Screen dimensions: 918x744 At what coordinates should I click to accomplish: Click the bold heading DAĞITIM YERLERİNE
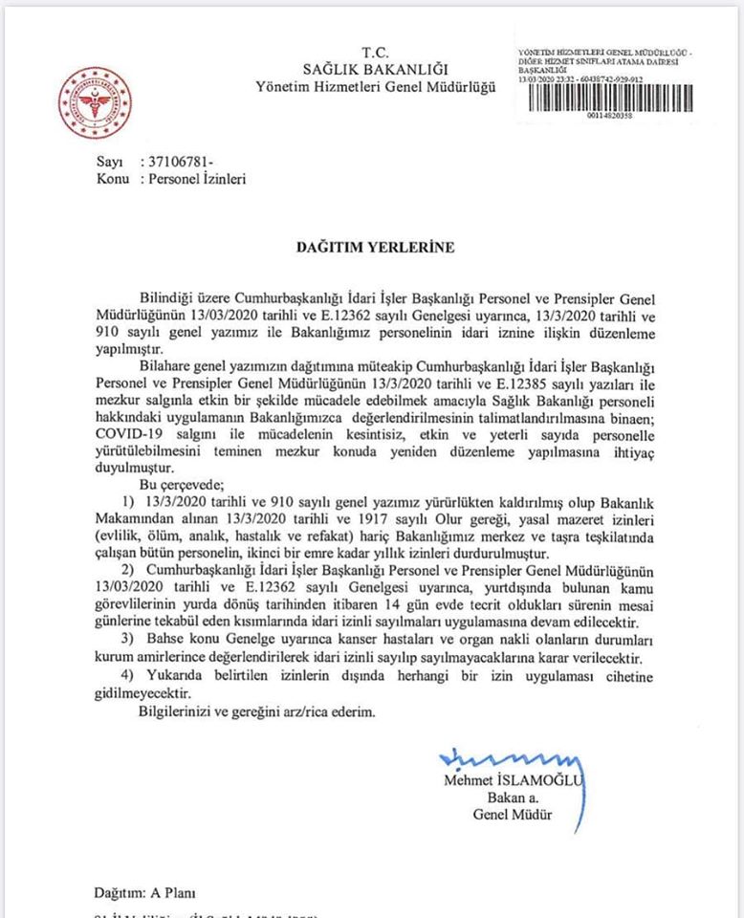[x=374, y=247]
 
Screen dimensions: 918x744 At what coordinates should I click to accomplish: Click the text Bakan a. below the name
[x=506, y=798]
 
